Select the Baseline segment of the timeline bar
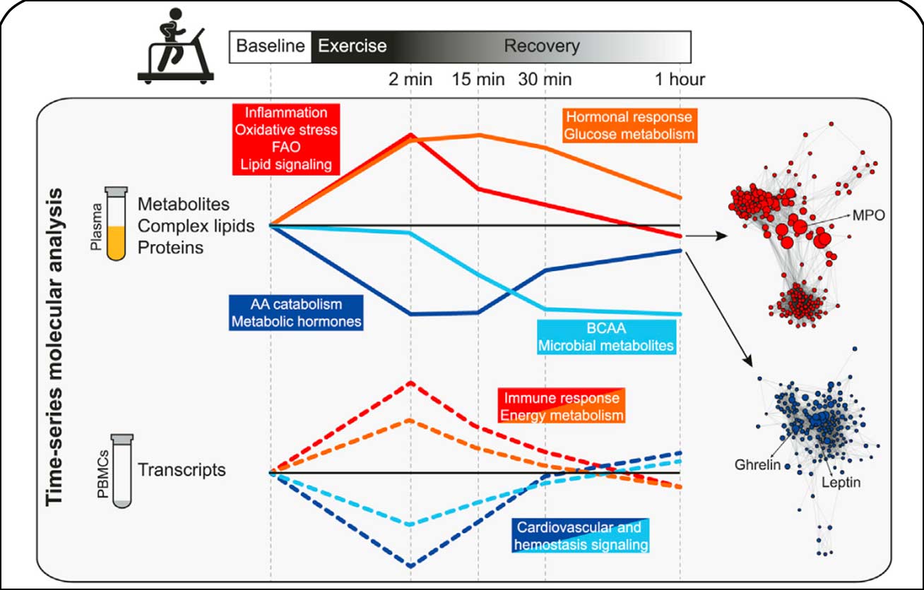pyautogui.click(x=271, y=47)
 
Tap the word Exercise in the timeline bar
pyautogui.click(x=353, y=47)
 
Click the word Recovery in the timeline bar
pyautogui.click(x=542, y=47)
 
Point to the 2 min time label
pyautogui.click(x=410, y=79)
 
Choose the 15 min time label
pyautogui.click(x=478, y=79)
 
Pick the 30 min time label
pyautogui.click(x=545, y=79)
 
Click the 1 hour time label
pyautogui.click(x=679, y=79)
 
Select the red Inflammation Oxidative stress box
pyautogui.click(x=286, y=139)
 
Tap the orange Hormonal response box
pyautogui.click(x=629, y=125)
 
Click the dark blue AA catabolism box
pyautogui.click(x=296, y=313)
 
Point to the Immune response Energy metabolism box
pyautogui.click(x=562, y=407)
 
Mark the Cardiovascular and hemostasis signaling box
pyautogui.click(x=579, y=536)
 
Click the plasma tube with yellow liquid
pyautogui.click(x=116, y=224)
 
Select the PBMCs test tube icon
pyautogui.click(x=122, y=471)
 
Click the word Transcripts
pyautogui.click(x=182, y=469)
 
